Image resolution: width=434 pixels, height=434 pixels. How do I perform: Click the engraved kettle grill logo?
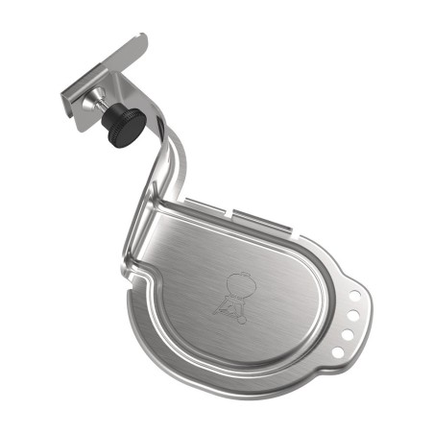231,294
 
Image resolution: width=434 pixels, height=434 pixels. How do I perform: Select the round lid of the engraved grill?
235,283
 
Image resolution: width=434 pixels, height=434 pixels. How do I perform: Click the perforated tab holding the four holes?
349,322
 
